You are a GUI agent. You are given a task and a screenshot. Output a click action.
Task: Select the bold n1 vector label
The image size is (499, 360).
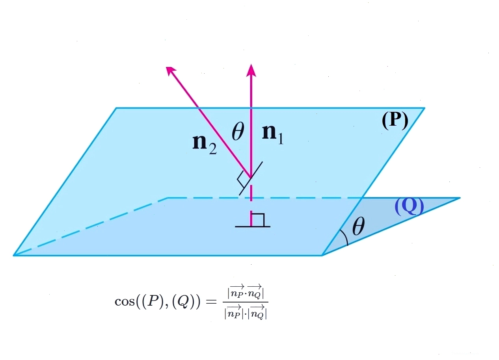pos(273,135)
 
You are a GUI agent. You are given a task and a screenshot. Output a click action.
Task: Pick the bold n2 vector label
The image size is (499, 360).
pos(205,145)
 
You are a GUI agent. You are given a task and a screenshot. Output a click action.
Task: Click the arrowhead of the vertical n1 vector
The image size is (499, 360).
pos(251,71)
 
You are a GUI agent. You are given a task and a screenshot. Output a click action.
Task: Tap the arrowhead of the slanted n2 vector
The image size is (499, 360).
pos(171,71)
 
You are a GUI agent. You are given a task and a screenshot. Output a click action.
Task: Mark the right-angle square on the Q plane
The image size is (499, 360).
pos(258,220)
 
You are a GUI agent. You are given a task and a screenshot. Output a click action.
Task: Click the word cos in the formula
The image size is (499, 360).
pos(125,301)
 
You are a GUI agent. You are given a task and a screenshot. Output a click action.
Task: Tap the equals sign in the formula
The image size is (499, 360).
pos(211,302)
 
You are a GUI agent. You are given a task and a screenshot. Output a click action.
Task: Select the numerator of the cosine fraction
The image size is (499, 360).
pos(246,292)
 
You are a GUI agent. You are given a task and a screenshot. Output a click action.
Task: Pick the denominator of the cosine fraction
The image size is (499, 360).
pos(246,312)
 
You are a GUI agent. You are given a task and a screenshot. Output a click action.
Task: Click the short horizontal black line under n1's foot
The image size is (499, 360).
pos(253,226)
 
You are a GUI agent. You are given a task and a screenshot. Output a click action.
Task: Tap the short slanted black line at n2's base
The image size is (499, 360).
pos(251,178)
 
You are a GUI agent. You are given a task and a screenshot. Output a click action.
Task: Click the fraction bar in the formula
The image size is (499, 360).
pos(246,302)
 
